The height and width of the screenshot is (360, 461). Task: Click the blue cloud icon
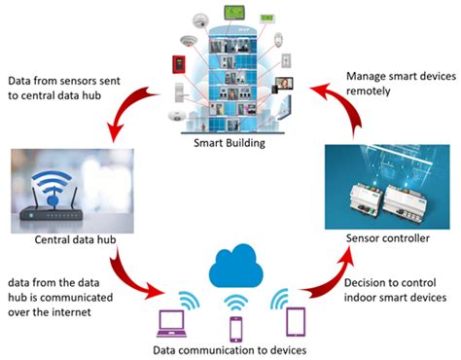tap(233, 266)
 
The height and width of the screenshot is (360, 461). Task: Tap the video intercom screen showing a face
tap(289, 86)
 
